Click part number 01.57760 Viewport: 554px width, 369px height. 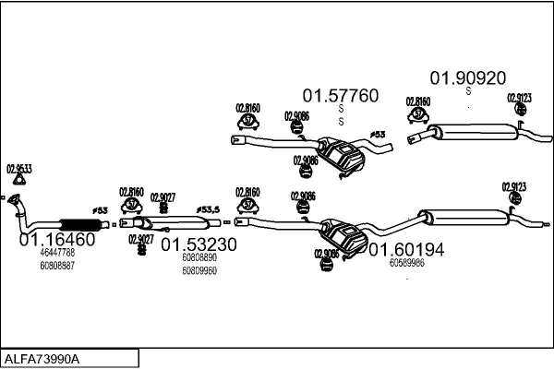click(x=341, y=95)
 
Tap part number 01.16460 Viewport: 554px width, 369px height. click(x=56, y=239)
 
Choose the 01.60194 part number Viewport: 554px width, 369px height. click(x=406, y=249)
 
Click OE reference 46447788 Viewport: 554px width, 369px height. click(x=57, y=252)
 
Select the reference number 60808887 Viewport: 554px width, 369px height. click(x=57, y=265)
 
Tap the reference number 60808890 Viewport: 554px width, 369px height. click(x=199, y=258)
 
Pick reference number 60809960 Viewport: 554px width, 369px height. click(x=199, y=270)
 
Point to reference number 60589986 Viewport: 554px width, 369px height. click(x=407, y=263)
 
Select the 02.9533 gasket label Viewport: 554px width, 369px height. click(x=19, y=169)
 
